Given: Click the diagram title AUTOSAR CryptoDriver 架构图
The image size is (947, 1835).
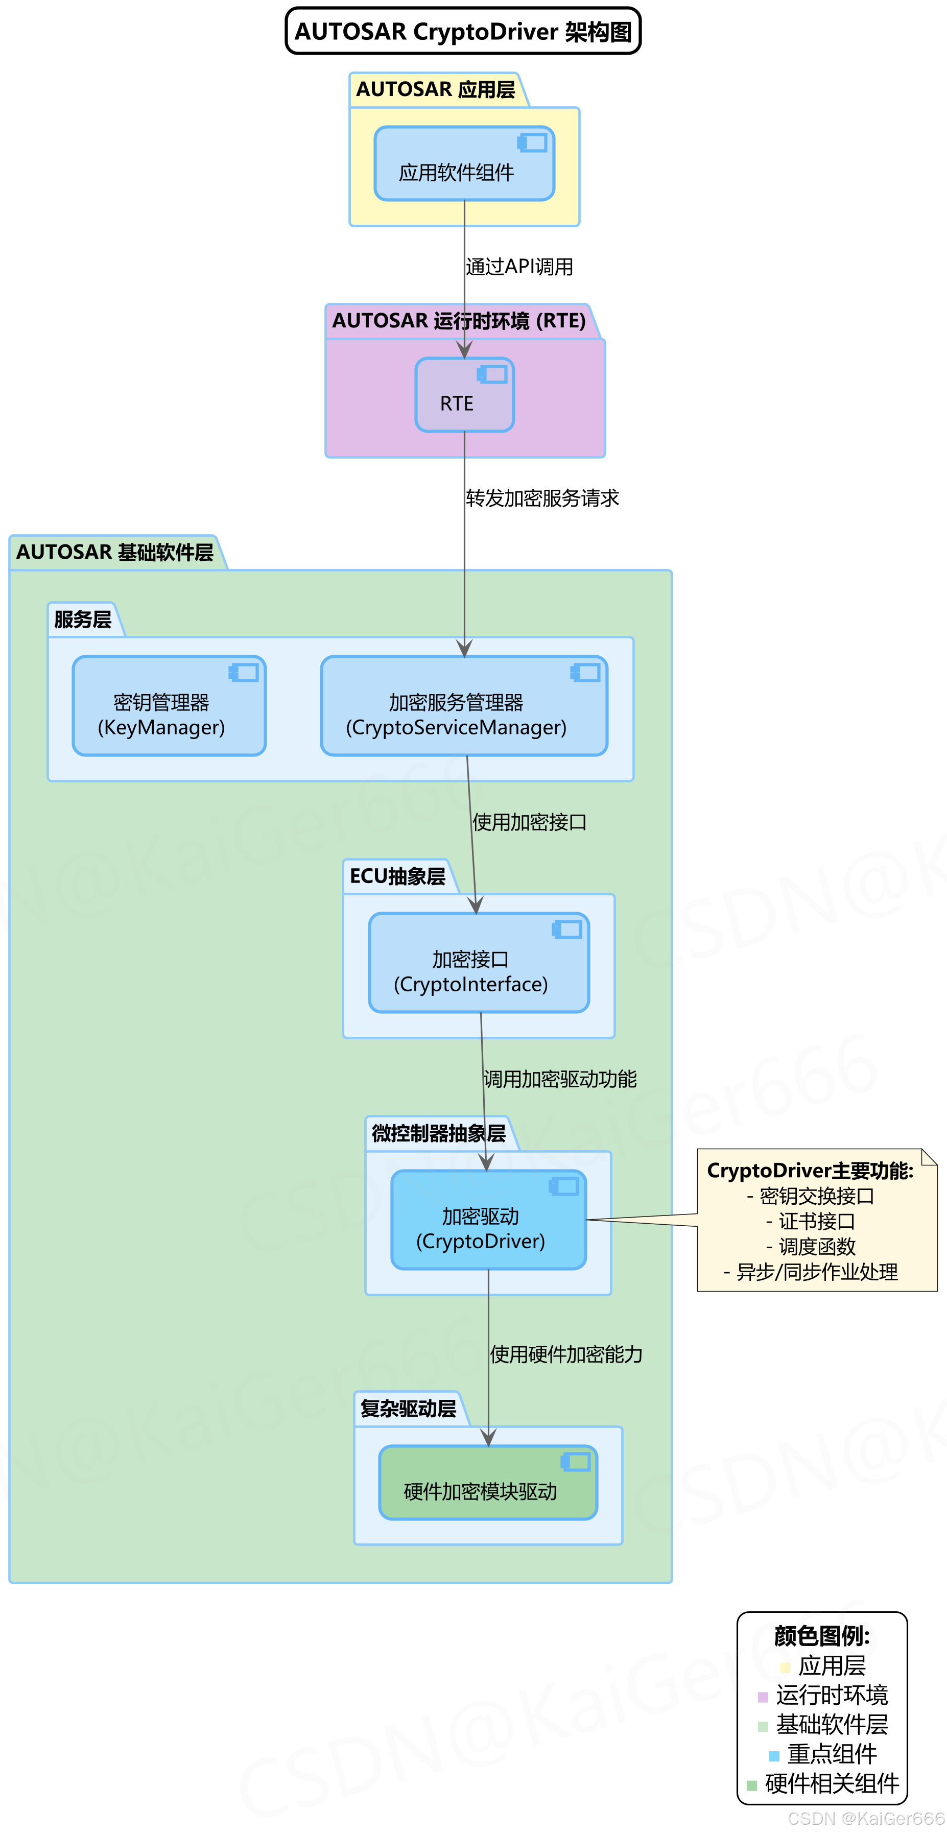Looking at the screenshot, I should click(x=463, y=31).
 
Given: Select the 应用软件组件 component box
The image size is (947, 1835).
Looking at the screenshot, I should click(x=464, y=164).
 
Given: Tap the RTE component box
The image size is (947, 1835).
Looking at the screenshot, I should click(x=464, y=395).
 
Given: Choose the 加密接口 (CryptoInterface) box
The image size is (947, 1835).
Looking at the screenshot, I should click(x=479, y=963).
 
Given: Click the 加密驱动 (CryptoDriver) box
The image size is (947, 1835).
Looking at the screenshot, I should click(x=488, y=1220).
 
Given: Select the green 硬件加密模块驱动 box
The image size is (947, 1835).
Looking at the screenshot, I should click(x=488, y=1483).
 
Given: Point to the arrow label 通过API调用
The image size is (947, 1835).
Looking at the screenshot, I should click(x=519, y=267).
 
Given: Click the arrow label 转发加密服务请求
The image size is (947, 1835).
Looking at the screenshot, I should click(x=542, y=498).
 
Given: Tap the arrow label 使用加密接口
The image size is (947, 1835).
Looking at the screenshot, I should click(x=530, y=823).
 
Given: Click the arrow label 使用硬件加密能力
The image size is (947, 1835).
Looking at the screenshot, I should click(x=566, y=1355).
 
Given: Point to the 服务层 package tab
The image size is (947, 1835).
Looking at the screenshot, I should click(x=83, y=619).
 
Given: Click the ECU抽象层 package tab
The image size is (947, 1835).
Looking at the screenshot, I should click(x=397, y=877).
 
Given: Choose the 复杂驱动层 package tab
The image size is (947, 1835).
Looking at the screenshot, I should click(x=408, y=1409).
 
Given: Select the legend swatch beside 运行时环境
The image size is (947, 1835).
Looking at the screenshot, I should click(x=763, y=1697).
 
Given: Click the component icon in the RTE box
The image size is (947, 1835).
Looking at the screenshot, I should click(x=493, y=374).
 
